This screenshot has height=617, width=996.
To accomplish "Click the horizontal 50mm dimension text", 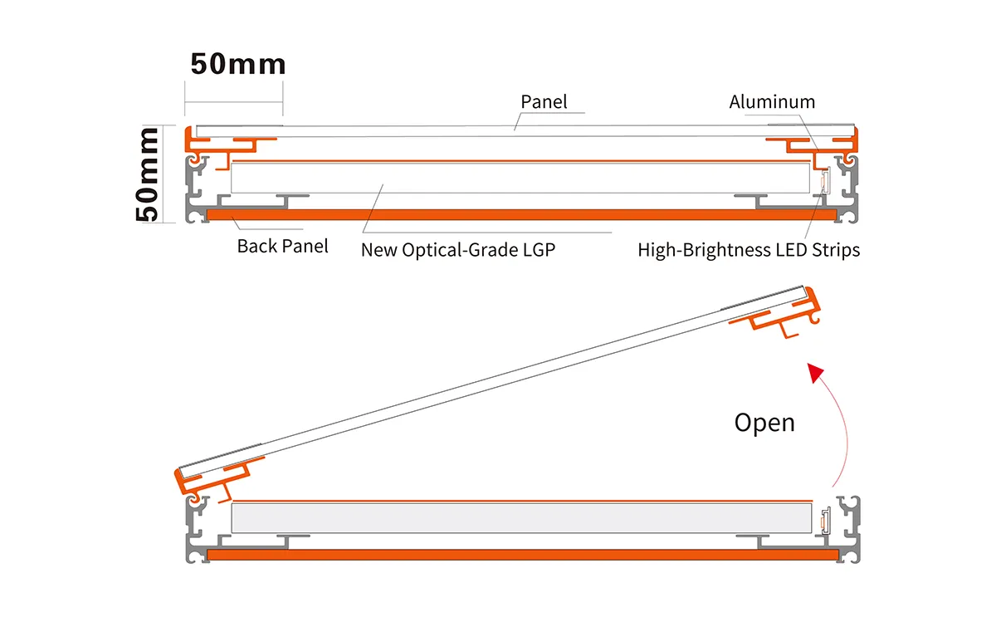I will tap(238, 64).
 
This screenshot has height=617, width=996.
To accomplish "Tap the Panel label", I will tap(544, 101).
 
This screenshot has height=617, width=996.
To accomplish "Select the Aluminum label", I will tap(772, 101).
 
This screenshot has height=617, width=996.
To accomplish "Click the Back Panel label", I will tap(282, 246).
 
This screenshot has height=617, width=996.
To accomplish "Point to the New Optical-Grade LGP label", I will tap(457, 249).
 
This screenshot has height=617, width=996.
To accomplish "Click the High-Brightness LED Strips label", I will tap(749, 249).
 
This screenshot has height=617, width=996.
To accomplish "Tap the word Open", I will tap(764, 422).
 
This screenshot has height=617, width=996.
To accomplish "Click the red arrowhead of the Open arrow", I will tap(817, 373).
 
